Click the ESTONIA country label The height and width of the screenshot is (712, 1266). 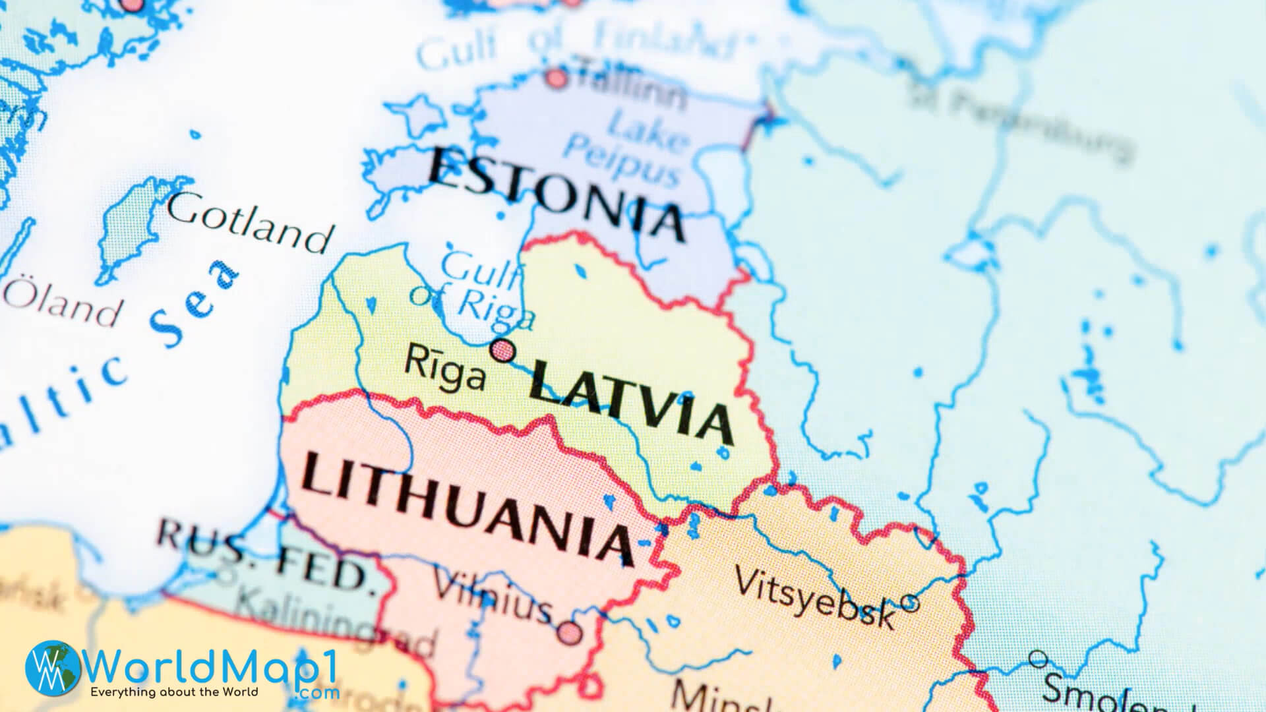tap(557, 193)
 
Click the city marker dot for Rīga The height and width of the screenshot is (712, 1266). tap(503, 350)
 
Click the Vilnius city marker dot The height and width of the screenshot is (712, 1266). tap(570, 634)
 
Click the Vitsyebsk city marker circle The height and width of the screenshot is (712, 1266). tap(909, 602)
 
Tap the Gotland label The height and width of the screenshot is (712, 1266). tap(249, 221)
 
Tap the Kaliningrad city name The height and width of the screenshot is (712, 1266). tap(336, 623)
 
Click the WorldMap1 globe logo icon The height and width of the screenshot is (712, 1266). tap(53, 667)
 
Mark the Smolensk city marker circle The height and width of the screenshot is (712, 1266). tap(1038, 658)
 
